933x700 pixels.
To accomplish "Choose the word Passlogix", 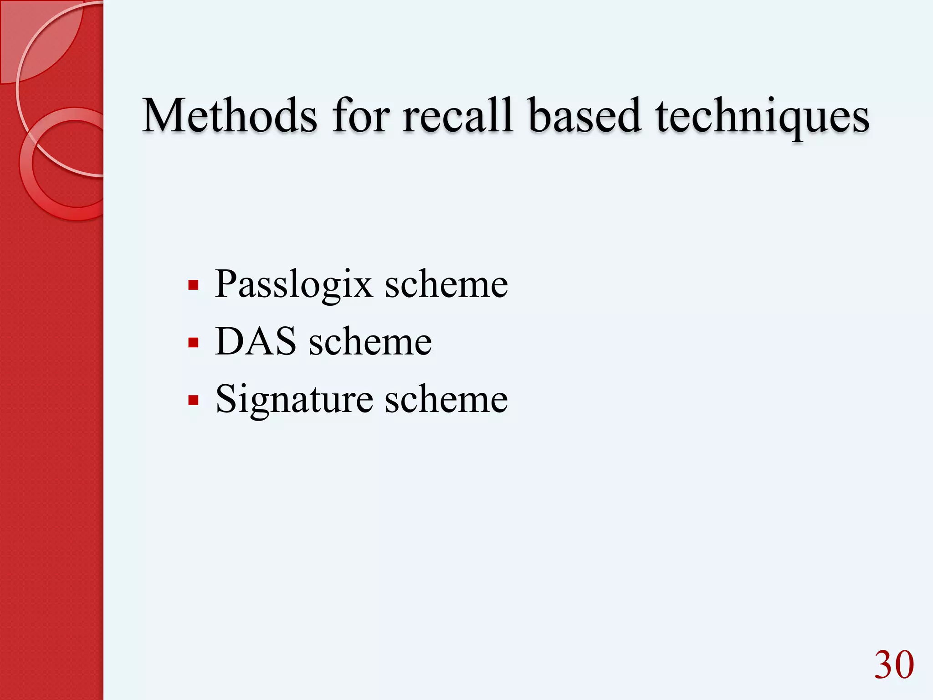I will point(293,285).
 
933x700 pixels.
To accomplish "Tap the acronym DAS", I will point(256,341).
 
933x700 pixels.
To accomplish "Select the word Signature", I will point(294,400).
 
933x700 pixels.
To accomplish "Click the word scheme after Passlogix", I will point(446,284).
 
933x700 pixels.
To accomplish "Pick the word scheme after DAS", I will point(370,341).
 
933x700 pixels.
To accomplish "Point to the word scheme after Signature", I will point(446,399).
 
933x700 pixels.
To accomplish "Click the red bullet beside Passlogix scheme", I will point(193,286).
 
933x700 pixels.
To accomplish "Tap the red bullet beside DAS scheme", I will point(193,343).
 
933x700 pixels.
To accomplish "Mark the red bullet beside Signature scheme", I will point(193,401).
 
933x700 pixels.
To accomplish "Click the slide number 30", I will point(894,665).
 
